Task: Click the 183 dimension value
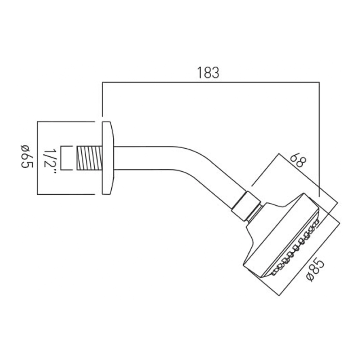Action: [x=208, y=73]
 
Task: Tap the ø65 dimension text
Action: [x=26, y=157]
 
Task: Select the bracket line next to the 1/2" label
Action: [x=61, y=158]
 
